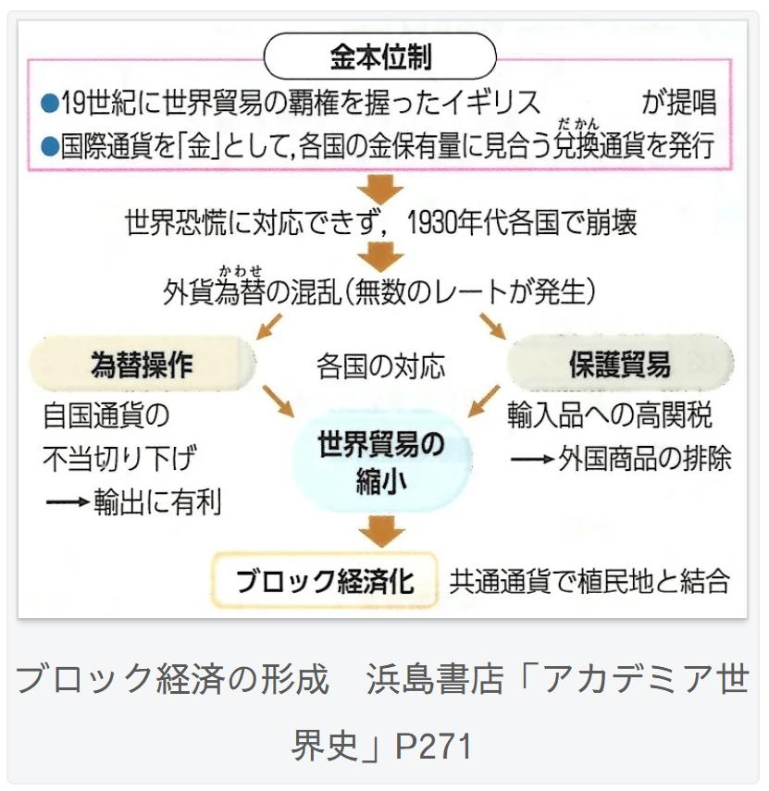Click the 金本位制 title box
pyautogui.click(x=380, y=57)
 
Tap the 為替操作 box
pyautogui.click(x=142, y=365)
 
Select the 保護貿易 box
pyautogui.click(x=619, y=365)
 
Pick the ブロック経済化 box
pyautogui.click(x=324, y=582)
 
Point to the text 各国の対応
pyautogui.click(x=380, y=366)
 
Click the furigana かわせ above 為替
pyautogui.click(x=240, y=270)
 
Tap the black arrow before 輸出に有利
pyautogui.click(x=67, y=502)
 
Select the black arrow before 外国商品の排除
pyautogui.click(x=531, y=458)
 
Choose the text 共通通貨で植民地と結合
pyautogui.click(x=589, y=582)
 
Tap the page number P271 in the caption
pyautogui.click(x=433, y=746)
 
